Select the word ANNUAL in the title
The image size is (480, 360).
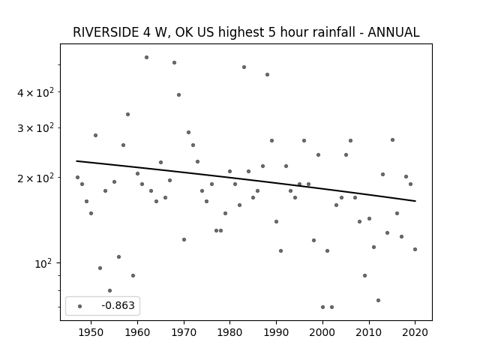click(393, 32)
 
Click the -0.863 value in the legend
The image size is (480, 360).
click(118, 305)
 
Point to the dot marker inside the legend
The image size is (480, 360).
click(80, 306)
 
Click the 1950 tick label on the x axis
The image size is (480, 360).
click(91, 332)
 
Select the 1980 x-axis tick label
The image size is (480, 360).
click(230, 332)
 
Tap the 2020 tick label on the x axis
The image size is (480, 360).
click(415, 332)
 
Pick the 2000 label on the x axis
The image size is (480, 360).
click(322, 332)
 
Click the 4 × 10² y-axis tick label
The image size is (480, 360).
click(35, 92)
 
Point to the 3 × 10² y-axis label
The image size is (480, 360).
click(35, 128)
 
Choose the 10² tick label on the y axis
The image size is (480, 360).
click(44, 263)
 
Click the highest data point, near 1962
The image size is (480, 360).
click(147, 57)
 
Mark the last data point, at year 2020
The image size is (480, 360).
click(415, 249)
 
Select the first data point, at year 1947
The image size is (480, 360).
click(77, 177)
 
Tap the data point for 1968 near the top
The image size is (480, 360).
click(174, 62)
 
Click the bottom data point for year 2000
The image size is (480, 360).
click(322, 307)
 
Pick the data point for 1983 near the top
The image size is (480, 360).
click(244, 67)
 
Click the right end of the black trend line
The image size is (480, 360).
click(415, 201)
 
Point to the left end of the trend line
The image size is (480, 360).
click(76, 161)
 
